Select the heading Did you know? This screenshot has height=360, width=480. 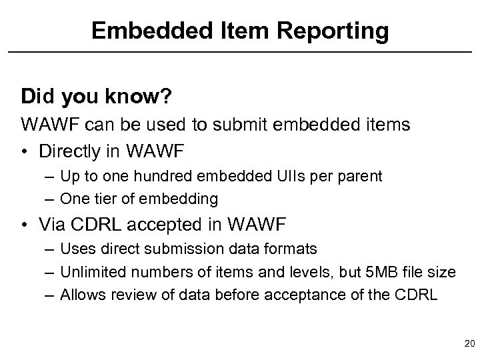coord(97,96)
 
